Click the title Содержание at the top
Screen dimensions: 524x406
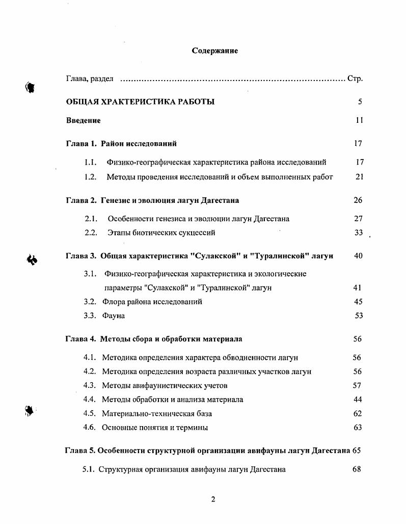click(214, 51)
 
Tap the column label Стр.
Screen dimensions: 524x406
click(355, 78)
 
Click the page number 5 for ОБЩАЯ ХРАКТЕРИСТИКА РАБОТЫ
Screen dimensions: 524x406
click(360, 101)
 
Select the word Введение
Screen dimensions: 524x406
click(84, 121)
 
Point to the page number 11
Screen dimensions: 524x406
click(359, 121)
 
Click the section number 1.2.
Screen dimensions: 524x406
click(91, 177)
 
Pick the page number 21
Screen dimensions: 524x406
click(360, 177)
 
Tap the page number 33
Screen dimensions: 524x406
click(358, 233)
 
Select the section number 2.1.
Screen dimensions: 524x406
click(91, 219)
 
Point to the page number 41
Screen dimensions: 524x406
click(357, 287)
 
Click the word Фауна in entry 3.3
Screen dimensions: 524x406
click(113, 316)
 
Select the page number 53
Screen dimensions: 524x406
click(359, 316)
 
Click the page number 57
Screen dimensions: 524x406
click(357, 385)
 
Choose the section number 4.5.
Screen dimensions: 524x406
click(90, 413)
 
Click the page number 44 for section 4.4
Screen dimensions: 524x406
click(357, 400)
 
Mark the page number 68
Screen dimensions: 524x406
click(357, 469)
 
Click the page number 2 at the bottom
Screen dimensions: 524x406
click(213, 499)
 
